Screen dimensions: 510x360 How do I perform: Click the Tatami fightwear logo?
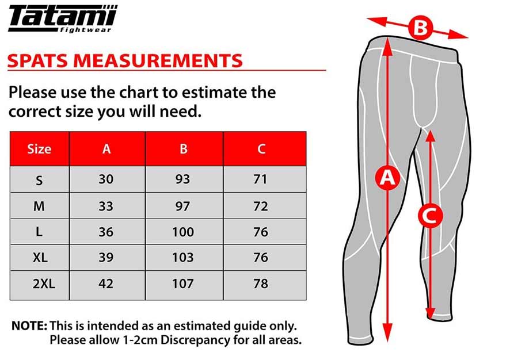pos(63,19)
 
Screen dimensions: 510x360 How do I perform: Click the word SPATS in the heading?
pos(38,61)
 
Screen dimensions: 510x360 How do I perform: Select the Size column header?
pos(39,149)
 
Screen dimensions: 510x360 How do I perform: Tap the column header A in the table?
pos(106,149)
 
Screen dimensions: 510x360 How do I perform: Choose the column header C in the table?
pos(261,149)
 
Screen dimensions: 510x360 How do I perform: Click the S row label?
pos(39,180)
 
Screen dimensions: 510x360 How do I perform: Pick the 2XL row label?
pos(44,284)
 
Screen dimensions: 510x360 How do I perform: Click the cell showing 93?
pos(182,179)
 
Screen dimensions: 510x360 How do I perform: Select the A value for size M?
pos(106,206)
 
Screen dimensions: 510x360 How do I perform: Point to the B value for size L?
pos(183,232)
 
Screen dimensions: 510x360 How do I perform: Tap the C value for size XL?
pos(261,257)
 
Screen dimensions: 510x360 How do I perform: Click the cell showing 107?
pos(183,284)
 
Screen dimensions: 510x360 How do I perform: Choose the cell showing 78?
pos(261,284)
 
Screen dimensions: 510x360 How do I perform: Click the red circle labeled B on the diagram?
pos(420,28)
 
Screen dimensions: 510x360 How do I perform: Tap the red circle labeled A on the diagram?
pos(387,178)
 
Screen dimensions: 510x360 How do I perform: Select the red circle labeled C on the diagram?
pos(430,216)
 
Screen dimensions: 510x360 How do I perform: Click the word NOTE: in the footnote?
pos(29,326)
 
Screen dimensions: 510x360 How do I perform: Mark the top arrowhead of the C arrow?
pos(430,136)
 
